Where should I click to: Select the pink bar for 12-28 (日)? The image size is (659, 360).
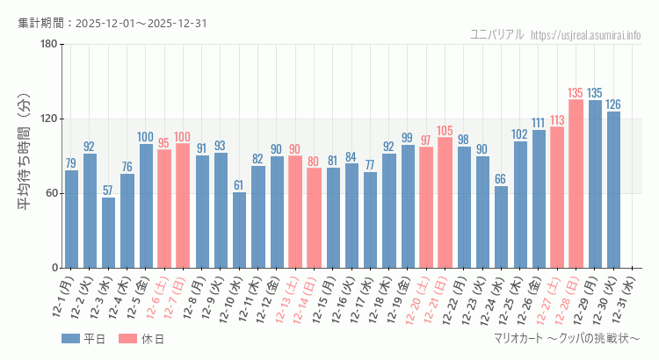point(576,184)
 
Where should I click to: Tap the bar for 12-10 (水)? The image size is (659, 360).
point(239,230)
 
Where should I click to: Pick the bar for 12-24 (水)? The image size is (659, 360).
point(501,227)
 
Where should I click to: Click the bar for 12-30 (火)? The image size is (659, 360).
point(613,190)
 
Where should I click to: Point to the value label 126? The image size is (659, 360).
point(613,104)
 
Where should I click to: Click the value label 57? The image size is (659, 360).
point(108,191)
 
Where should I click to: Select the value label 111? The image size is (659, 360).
point(539,123)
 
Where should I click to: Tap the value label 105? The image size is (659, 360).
point(445,130)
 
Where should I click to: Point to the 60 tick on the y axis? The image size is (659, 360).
point(50,193)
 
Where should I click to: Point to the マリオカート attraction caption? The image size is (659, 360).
point(568,338)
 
